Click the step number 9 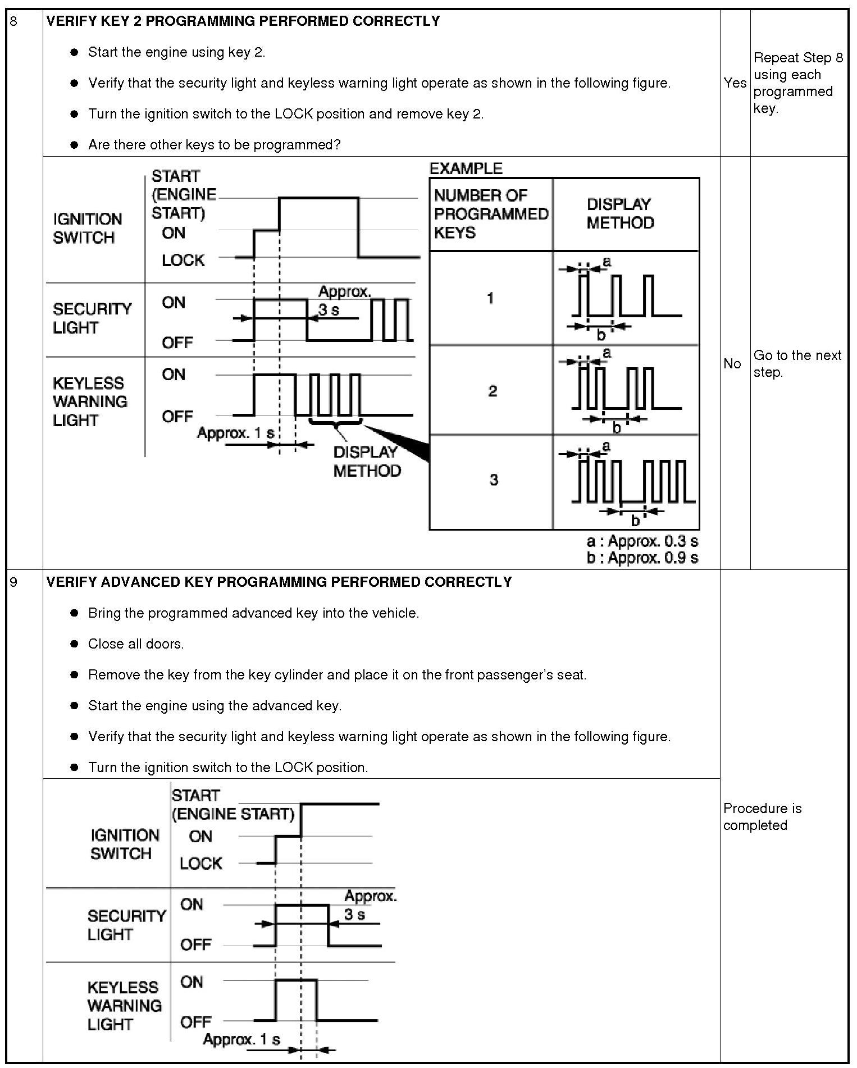[x=13, y=582]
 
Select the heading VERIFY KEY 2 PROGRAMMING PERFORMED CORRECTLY [x=243, y=21]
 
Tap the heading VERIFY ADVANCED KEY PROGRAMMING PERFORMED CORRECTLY [x=279, y=582]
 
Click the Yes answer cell [x=735, y=83]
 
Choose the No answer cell [x=732, y=364]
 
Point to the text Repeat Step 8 [x=798, y=58]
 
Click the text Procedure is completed [x=762, y=816]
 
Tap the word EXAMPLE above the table [x=466, y=168]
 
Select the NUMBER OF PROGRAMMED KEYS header [x=490, y=214]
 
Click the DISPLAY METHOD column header [x=620, y=213]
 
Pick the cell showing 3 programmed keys [x=493, y=480]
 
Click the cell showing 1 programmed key [x=490, y=298]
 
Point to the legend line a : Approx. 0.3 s [x=642, y=541]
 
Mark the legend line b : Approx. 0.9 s [x=642, y=558]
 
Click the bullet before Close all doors [x=74, y=644]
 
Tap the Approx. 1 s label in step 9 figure [x=241, y=1039]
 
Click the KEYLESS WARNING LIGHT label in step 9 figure [x=124, y=1006]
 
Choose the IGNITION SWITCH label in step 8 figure [x=87, y=228]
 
